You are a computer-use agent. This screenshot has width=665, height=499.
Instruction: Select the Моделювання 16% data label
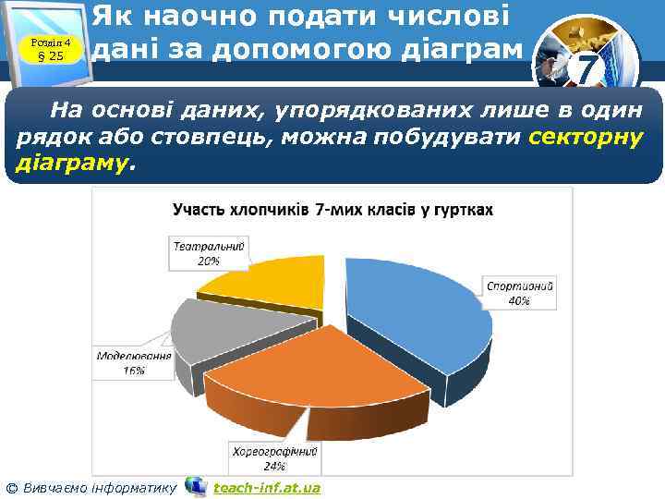pyautogui.click(x=134, y=363)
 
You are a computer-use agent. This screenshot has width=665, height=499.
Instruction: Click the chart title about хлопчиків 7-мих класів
pyautogui.click(x=333, y=210)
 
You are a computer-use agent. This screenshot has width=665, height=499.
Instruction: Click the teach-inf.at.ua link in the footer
pyautogui.click(x=267, y=487)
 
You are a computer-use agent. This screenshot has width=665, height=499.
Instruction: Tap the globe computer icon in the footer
pyautogui.click(x=196, y=486)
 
